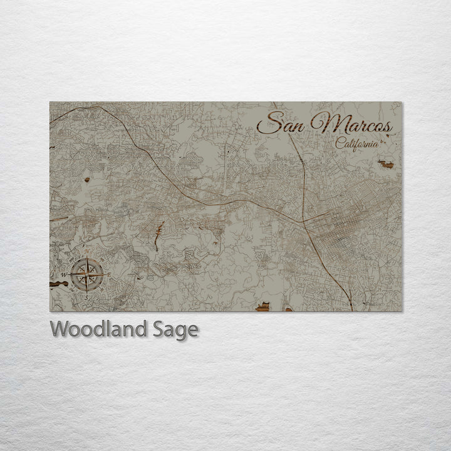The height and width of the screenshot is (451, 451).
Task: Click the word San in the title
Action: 284,123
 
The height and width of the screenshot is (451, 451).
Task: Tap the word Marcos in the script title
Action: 356,124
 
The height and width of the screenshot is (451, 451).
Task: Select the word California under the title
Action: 357,143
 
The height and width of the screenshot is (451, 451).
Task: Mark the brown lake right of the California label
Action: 386,165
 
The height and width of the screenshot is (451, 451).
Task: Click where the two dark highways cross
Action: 304,220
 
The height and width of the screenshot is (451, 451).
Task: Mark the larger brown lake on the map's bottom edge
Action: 264,306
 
